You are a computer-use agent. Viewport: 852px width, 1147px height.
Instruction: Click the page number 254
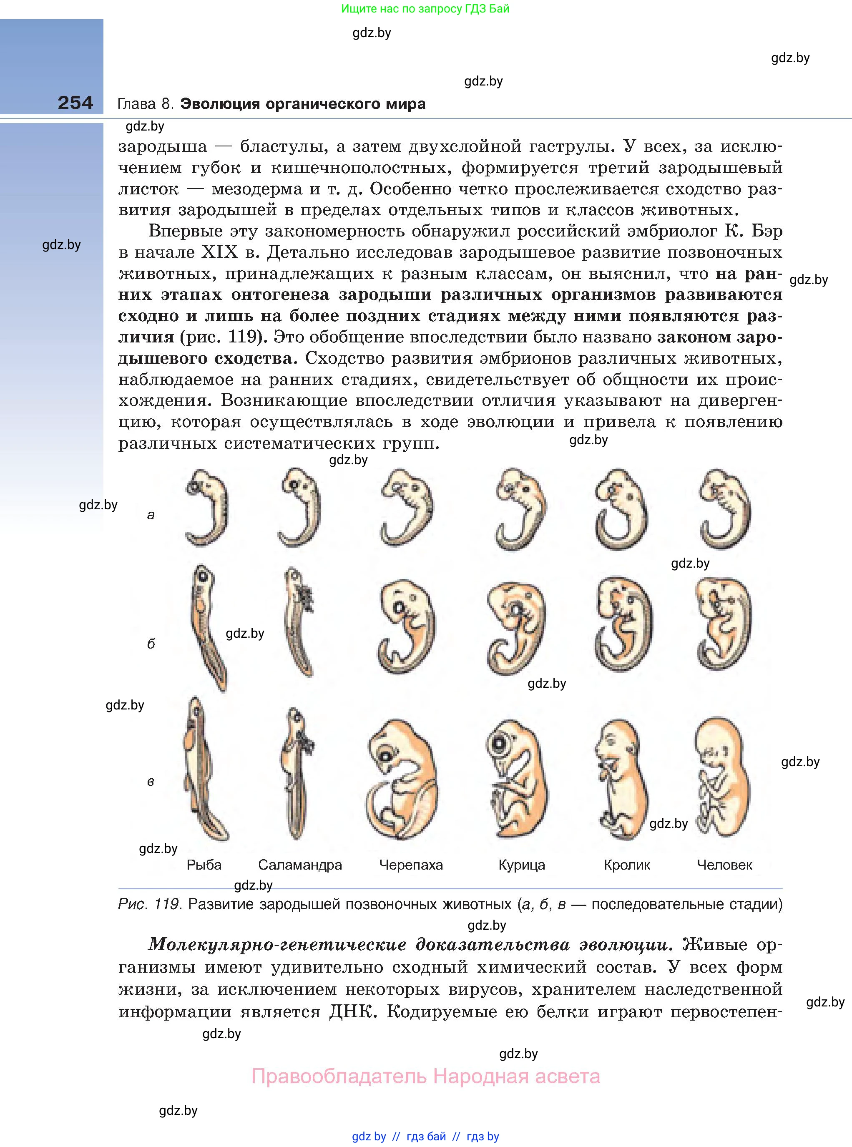(75, 103)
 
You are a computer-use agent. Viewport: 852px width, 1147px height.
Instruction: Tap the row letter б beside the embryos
(151, 644)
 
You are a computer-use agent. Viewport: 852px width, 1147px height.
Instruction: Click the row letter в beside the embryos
(151, 781)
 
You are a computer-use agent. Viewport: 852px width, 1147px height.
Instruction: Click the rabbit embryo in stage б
(623, 624)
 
